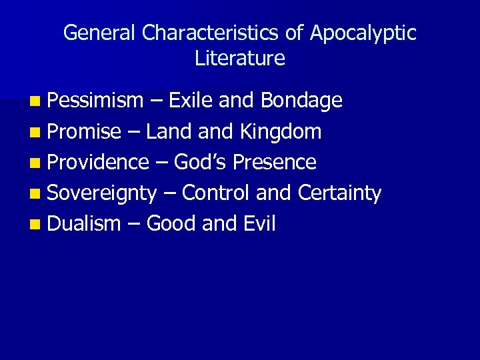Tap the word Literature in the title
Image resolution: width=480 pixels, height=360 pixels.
(240, 59)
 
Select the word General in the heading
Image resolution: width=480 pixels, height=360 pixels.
(99, 33)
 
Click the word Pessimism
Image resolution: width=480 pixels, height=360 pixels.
(95, 101)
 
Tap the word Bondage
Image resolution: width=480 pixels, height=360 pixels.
(301, 101)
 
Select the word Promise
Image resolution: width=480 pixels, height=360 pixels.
(84, 131)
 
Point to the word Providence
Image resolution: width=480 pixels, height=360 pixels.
(98, 162)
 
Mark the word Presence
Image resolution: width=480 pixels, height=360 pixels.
(274, 162)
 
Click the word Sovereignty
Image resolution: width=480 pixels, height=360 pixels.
(102, 193)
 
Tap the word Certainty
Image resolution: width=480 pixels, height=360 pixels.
(339, 193)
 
